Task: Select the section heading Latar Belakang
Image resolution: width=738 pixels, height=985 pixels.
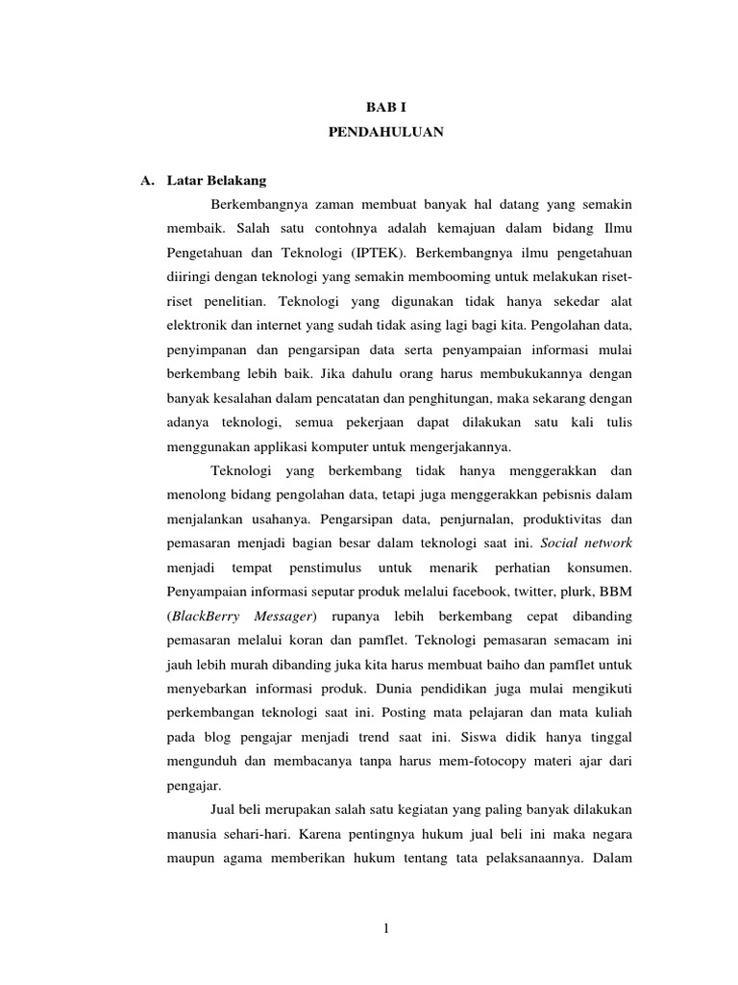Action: (216, 181)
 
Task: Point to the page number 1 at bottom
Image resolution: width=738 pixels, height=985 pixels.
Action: (384, 928)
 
